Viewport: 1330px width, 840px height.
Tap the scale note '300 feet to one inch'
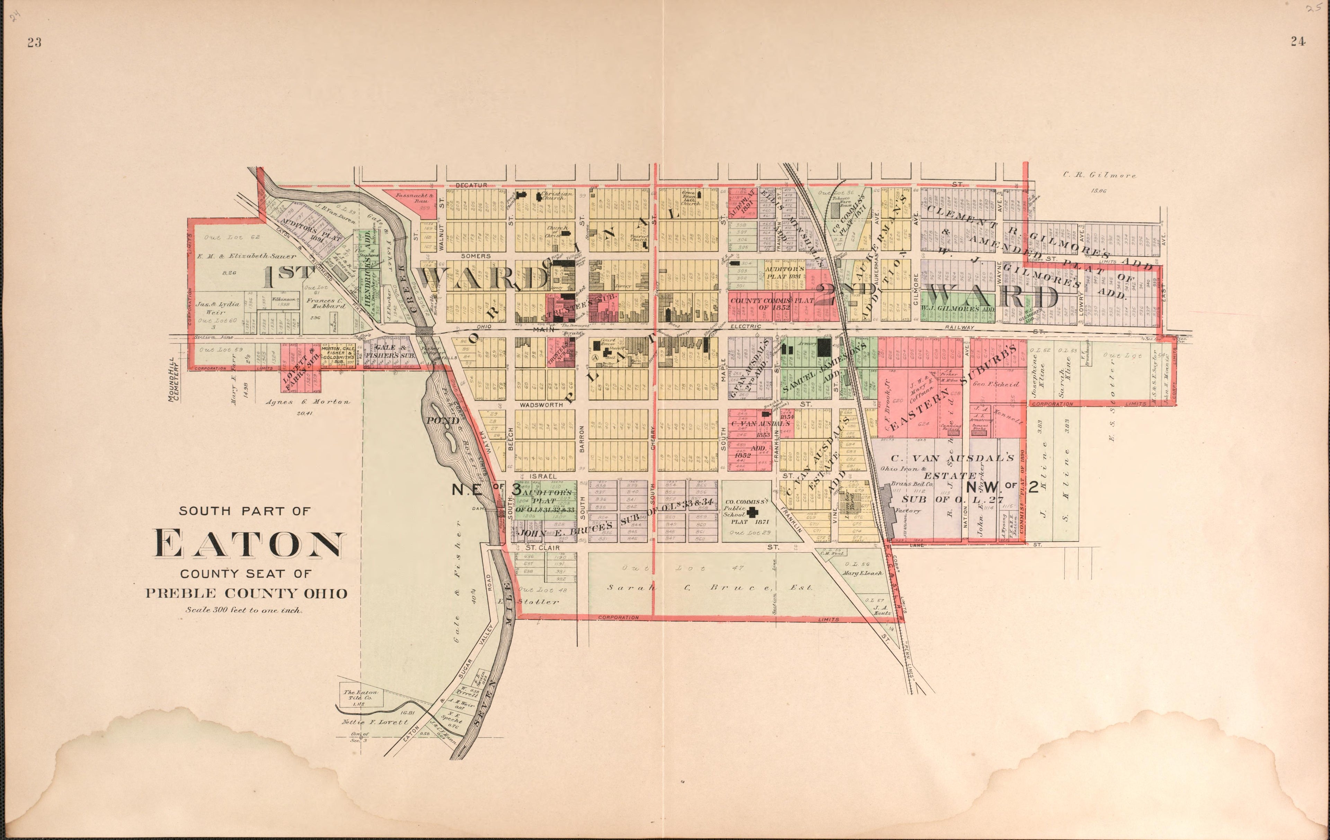coord(243,611)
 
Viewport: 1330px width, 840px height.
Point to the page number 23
coord(34,43)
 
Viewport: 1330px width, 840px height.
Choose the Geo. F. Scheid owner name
coord(988,384)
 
